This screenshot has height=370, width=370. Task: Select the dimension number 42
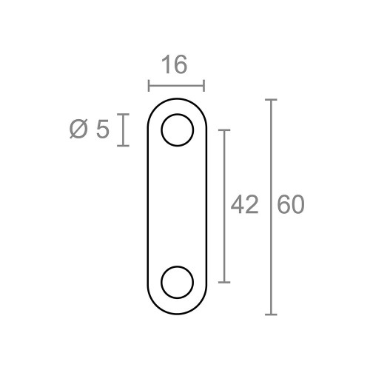(x=244, y=205)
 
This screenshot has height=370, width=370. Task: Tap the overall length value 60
(x=291, y=205)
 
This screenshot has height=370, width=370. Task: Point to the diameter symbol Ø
(x=79, y=130)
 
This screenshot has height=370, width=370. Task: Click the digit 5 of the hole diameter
(x=103, y=130)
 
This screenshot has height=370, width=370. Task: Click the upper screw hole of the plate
(x=178, y=130)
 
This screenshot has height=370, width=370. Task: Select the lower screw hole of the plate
(x=178, y=282)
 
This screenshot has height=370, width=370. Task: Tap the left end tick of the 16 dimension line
(x=149, y=87)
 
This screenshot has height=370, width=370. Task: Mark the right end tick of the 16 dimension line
(x=204, y=87)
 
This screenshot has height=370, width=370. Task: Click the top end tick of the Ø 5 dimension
(x=124, y=115)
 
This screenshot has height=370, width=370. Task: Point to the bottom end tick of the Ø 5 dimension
(x=124, y=146)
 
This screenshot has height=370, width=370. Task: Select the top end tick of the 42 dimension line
(x=226, y=129)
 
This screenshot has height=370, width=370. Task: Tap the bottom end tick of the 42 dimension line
(x=226, y=282)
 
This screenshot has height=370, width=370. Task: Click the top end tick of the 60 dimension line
(x=271, y=99)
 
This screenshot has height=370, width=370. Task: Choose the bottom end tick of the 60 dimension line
(x=271, y=314)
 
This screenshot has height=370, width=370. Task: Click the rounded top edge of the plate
(x=178, y=99)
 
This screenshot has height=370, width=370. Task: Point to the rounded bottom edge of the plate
(x=178, y=314)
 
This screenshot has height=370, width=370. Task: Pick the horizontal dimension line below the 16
(x=177, y=87)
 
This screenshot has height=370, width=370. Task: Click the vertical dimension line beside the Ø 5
(x=124, y=130)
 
